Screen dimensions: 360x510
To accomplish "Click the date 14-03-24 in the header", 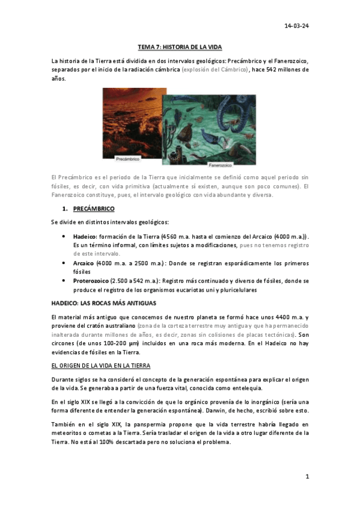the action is click(297, 26).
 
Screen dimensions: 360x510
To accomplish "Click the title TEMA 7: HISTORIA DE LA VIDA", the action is click(180, 47).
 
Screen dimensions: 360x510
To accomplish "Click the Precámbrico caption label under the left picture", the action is click(127, 159).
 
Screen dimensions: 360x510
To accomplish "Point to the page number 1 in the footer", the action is click(307, 477).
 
